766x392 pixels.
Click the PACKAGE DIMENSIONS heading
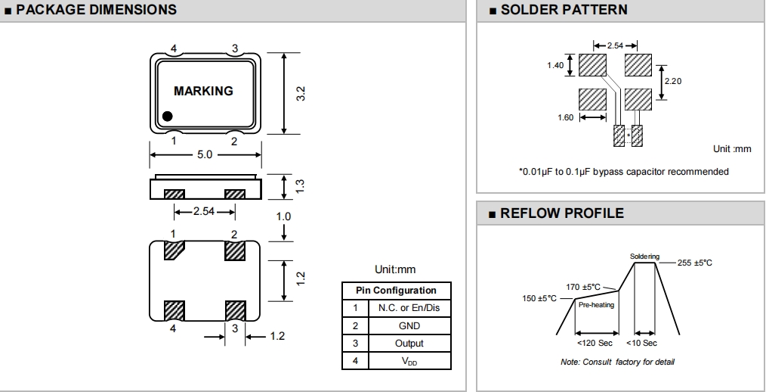click(96, 10)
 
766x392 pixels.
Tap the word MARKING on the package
click(203, 91)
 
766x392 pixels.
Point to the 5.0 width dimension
click(205, 154)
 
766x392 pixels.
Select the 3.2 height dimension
click(300, 94)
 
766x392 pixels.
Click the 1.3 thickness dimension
click(300, 185)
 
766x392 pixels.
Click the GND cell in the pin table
click(408, 326)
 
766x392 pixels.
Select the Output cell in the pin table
click(408, 344)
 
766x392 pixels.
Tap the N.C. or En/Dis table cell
click(408, 309)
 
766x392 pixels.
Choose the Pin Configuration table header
click(397, 291)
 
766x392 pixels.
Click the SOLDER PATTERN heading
click(564, 10)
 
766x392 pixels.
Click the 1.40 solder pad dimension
click(555, 65)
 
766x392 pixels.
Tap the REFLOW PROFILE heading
click(562, 213)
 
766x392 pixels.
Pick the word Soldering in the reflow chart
click(644, 257)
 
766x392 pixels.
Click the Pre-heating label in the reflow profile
click(596, 305)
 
